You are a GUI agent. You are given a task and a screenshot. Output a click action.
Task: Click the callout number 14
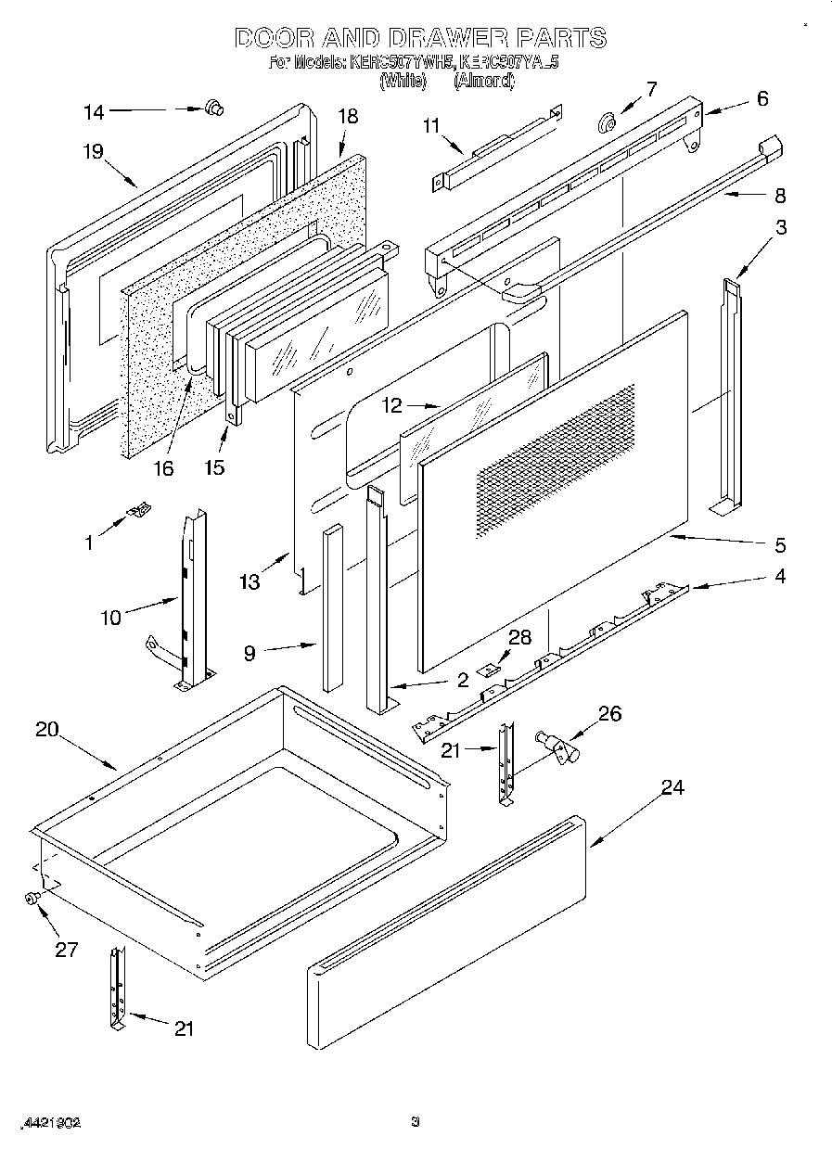[x=94, y=112]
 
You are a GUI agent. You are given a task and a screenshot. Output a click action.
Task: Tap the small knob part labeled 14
[x=214, y=109]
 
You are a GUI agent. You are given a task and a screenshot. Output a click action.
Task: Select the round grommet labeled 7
[x=609, y=121]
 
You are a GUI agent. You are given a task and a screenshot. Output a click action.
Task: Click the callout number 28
[x=520, y=636]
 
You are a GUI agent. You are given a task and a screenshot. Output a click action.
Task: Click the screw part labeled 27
[x=33, y=898]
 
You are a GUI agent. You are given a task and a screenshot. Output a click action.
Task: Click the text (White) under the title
[x=402, y=82]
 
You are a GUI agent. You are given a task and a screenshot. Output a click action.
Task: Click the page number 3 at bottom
[x=416, y=1121]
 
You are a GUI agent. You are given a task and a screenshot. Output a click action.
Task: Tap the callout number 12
[x=393, y=405]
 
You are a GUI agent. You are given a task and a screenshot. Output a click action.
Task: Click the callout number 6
[x=762, y=99]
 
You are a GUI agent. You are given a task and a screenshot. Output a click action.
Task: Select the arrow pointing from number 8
[x=737, y=194]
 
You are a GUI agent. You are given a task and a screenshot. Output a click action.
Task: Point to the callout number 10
[x=111, y=617]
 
